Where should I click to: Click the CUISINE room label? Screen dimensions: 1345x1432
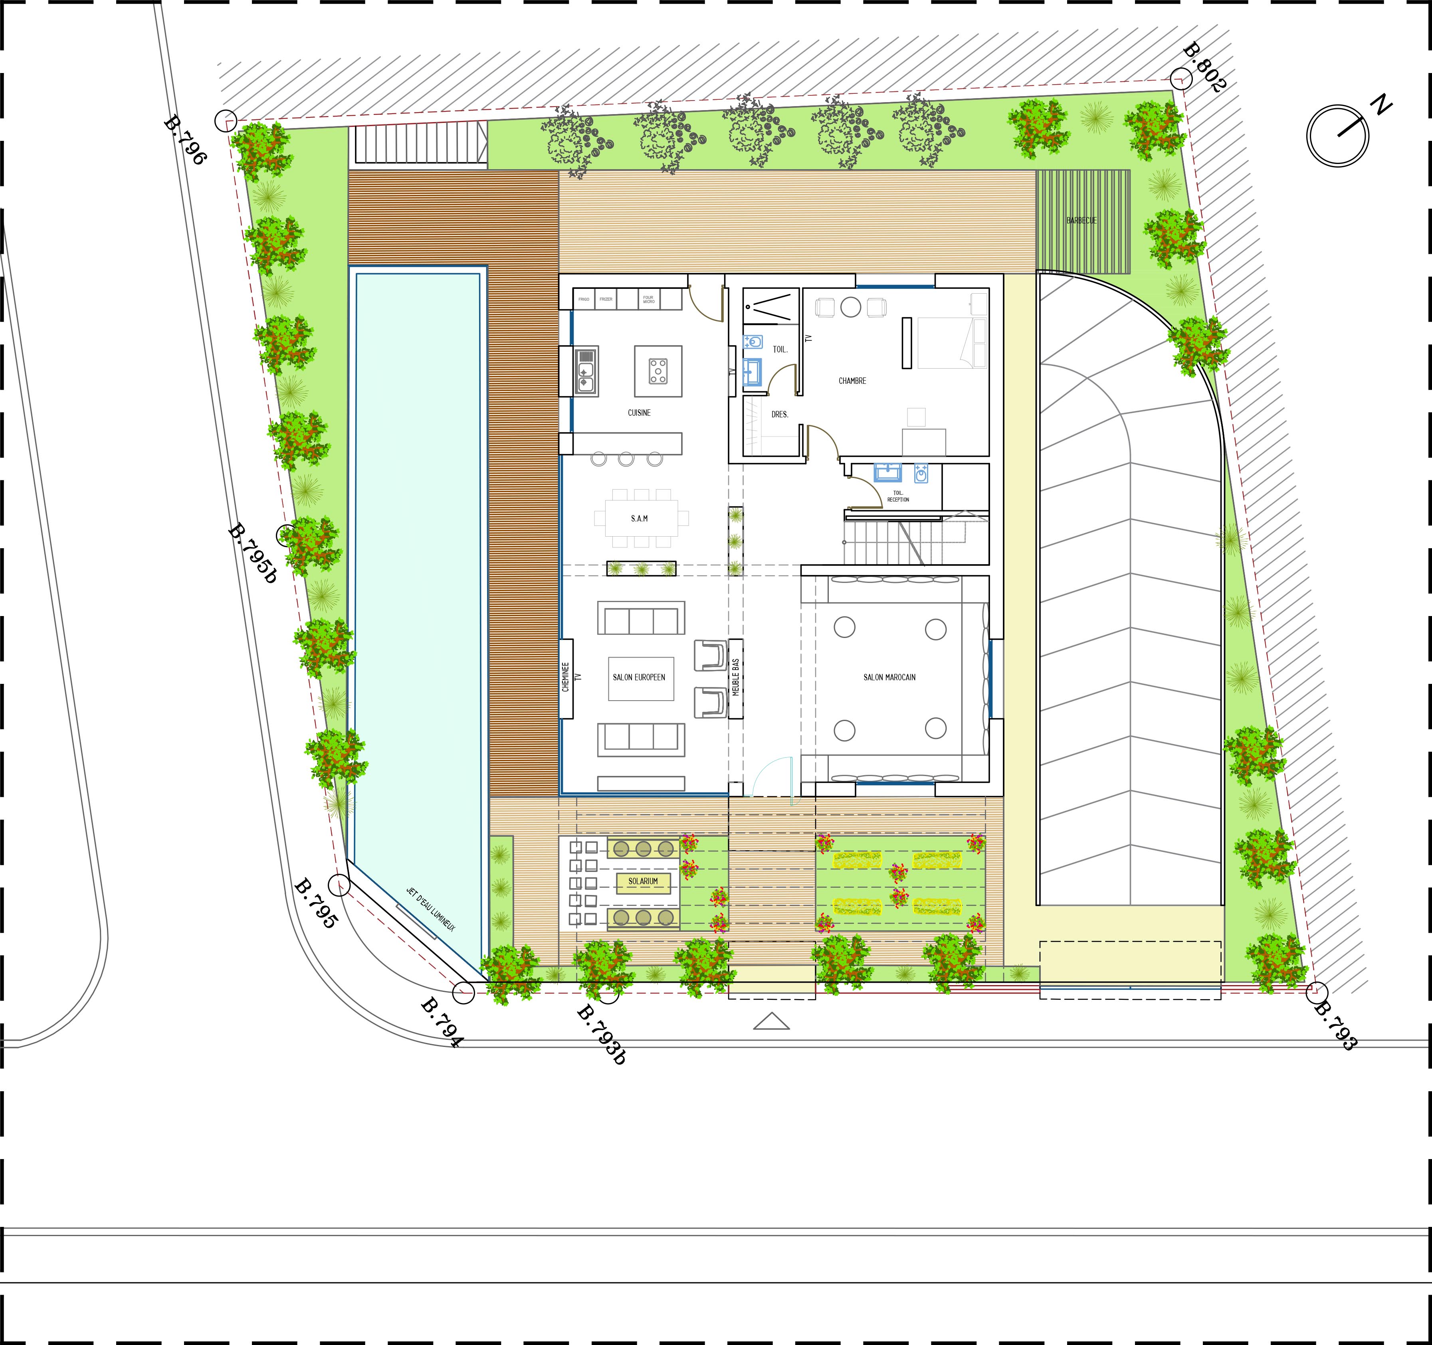[639, 413]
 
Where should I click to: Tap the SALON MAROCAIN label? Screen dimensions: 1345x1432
[889, 677]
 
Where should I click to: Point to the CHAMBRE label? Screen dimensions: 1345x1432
[852, 381]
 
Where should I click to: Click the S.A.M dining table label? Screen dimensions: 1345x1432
[639, 518]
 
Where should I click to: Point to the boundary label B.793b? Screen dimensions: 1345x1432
[602, 1035]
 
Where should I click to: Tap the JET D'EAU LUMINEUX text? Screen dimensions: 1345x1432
[431, 909]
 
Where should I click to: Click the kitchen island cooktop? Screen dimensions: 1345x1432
[658, 371]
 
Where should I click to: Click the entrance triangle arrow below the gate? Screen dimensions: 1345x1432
[771, 1021]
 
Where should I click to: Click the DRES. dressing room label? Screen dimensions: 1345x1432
[779, 415]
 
